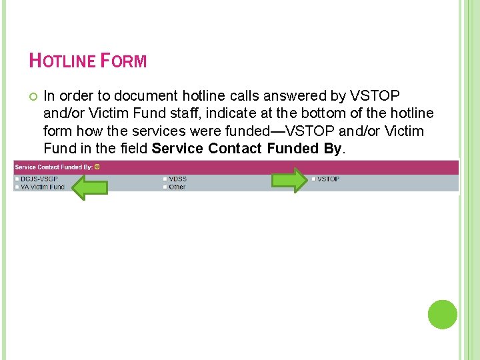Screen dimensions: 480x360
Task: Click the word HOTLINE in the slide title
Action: click(63, 61)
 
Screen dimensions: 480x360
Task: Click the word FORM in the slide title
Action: click(124, 61)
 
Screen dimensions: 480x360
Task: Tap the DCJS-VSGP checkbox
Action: click(17, 179)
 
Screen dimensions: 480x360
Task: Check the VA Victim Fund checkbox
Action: click(17, 187)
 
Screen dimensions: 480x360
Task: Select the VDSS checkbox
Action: click(165, 179)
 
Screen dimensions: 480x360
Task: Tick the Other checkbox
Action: click(165, 187)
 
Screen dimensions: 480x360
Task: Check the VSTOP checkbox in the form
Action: click(313, 179)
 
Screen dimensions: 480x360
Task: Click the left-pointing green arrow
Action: click(89, 187)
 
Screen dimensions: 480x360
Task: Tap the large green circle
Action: click(442, 314)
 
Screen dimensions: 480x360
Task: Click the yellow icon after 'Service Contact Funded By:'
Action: click(97, 167)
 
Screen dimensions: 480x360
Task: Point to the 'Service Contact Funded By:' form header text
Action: click(53, 167)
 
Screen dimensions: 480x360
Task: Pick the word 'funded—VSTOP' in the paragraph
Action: click(271, 131)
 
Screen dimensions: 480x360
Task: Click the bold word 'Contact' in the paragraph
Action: click(235, 148)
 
